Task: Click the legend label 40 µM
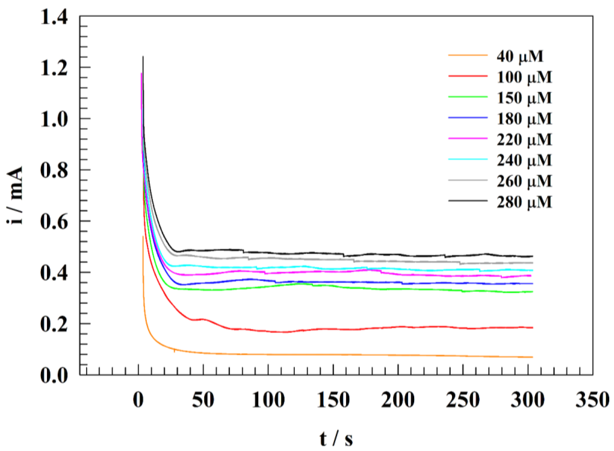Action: (520, 57)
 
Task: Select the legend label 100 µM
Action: (524, 77)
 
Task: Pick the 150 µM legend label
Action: (524, 98)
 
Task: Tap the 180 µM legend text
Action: (524, 119)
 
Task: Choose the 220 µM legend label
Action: (524, 139)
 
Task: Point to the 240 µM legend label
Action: (524, 160)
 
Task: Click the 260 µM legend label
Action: (524, 181)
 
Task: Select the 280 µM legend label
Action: (524, 202)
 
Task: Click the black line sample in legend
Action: (468, 201)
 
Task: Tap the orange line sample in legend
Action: (468, 55)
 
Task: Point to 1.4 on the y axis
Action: (54, 19)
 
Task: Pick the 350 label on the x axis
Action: (592, 400)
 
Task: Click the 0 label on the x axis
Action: (139, 400)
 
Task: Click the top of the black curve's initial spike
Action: (143, 57)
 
